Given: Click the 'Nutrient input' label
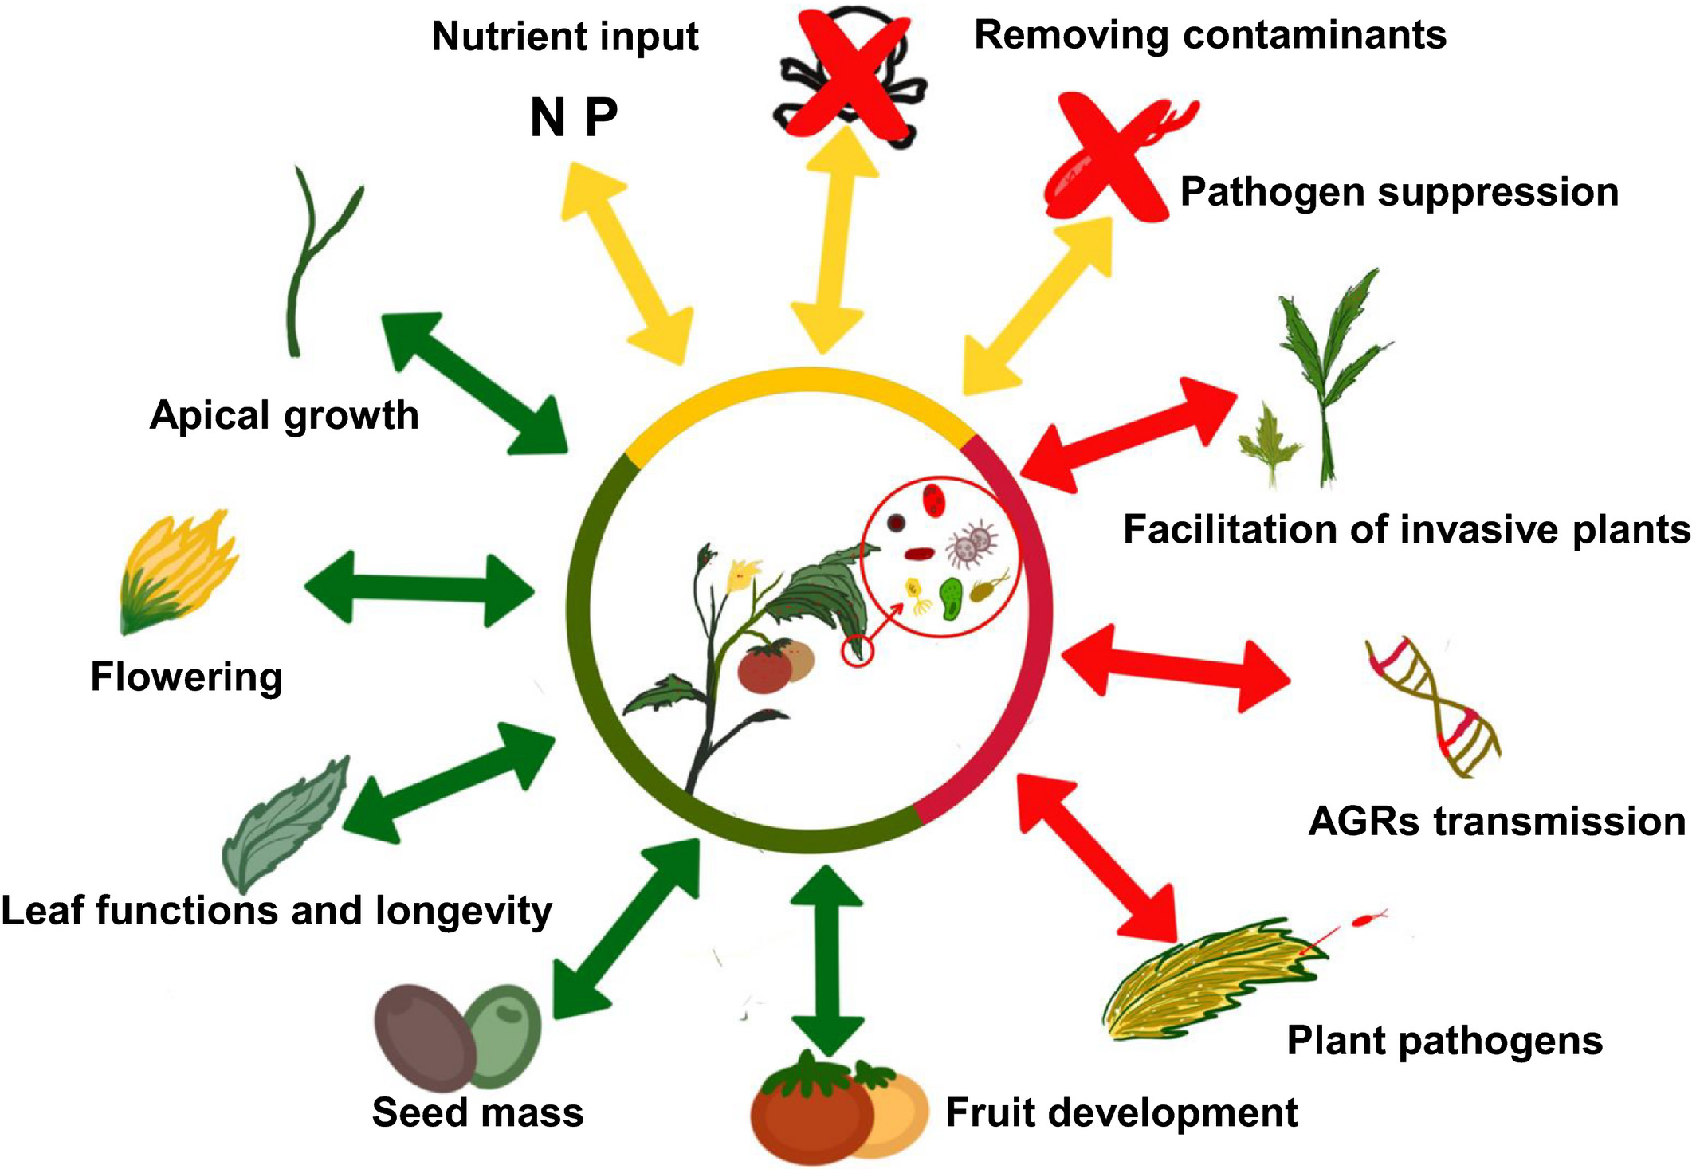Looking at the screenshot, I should click(565, 37).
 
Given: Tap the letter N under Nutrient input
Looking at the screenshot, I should click(548, 118).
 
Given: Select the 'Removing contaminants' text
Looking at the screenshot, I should click(1210, 35).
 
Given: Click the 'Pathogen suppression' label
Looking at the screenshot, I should click(1399, 192).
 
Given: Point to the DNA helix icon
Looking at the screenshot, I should click(1433, 707).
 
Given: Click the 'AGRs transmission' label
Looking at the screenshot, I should click(1497, 822).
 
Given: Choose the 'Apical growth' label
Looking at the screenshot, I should click(285, 415).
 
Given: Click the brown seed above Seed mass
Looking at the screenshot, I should click(425, 1038).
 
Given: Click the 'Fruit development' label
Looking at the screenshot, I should click(1121, 1112).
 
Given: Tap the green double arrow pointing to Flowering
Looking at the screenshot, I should click(420, 590).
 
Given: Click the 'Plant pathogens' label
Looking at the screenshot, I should click(1444, 1041).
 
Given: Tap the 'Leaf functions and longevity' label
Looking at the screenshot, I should click(277, 911).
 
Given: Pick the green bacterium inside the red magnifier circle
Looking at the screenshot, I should click(951, 598).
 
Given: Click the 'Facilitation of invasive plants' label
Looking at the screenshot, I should click(1406, 529).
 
